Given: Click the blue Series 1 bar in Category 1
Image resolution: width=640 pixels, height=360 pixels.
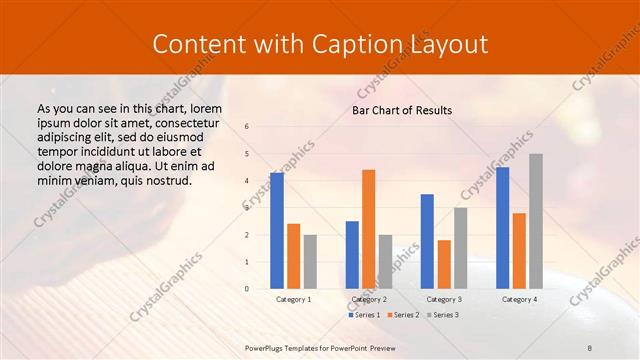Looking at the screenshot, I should (x=277, y=231).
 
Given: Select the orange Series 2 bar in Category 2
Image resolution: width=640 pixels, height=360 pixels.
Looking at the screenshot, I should (x=369, y=229).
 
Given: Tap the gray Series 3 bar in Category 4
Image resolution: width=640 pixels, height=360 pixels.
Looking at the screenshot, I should (x=536, y=221).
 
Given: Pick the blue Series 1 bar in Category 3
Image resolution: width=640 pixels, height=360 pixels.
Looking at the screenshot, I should (x=427, y=241).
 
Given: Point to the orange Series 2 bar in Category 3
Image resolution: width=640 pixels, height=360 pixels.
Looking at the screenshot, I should (x=444, y=264).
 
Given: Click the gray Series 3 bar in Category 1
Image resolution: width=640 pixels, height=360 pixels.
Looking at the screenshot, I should (x=310, y=262).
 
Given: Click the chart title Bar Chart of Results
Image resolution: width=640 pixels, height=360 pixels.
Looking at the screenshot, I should (x=402, y=110).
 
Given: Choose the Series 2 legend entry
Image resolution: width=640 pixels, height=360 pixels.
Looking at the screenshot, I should (x=402, y=315).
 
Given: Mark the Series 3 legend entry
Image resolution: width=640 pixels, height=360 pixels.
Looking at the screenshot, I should (x=443, y=315).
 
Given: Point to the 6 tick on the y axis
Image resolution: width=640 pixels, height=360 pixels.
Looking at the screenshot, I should (x=247, y=127).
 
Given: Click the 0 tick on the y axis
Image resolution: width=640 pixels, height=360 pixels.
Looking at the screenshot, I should (x=247, y=289).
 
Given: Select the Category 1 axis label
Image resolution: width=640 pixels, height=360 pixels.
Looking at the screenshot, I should (x=293, y=299).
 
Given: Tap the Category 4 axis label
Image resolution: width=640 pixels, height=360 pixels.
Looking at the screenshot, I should (x=519, y=299).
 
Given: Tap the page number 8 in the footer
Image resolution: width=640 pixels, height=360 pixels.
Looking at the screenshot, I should (x=590, y=346).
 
